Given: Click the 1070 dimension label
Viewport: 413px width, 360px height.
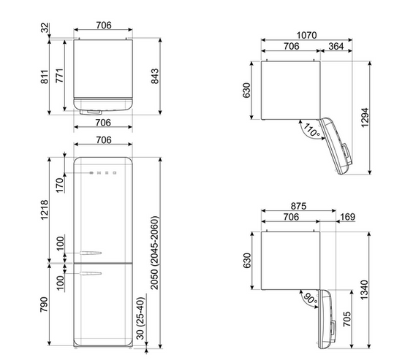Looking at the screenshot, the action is coord(306,35).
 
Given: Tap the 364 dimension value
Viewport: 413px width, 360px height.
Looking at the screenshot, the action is coord(336,46).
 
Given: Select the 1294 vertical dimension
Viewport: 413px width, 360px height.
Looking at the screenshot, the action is coord(365,118).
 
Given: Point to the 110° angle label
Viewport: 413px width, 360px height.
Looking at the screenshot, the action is coord(311,130).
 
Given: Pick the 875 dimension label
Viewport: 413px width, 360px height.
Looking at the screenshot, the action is coord(298,206).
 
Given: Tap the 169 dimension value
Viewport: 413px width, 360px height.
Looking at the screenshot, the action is coord(348,217).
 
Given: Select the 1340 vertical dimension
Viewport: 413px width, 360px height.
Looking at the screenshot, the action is coord(364,290).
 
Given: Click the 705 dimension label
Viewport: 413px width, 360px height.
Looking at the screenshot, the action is coord(347,319).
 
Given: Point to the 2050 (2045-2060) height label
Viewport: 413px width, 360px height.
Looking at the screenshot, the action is coord(154,253).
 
